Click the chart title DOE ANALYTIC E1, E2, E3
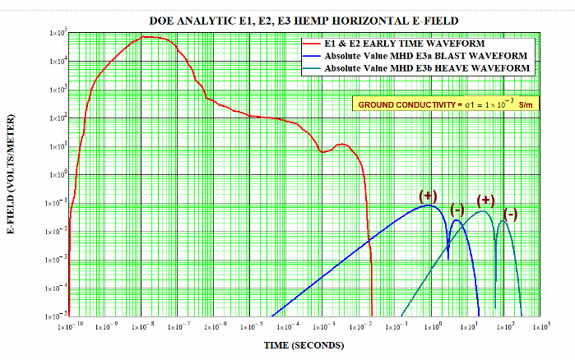point(304,18)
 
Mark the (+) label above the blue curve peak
point(428,196)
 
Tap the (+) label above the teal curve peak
point(485,201)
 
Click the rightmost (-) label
point(510,215)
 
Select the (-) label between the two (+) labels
point(457,210)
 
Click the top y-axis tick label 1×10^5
point(55,33)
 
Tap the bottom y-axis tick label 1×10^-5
point(54,316)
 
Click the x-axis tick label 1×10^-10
point(71,327)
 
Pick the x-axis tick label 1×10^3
point(539,327)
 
